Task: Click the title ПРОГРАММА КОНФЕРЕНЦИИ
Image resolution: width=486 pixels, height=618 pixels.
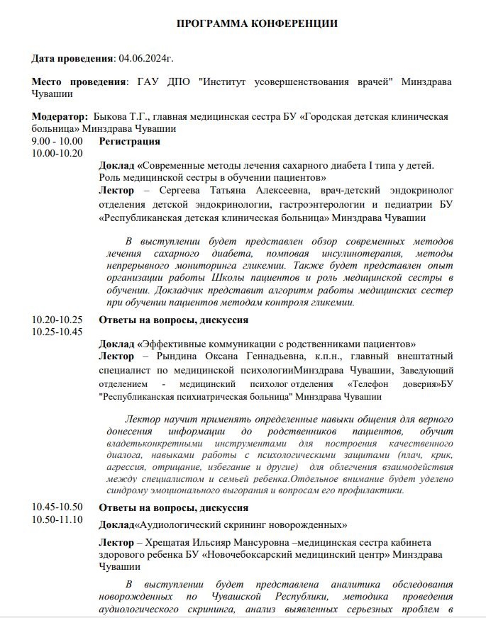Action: pos(257,23)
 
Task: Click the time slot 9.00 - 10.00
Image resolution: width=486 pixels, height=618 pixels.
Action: pos(57,141)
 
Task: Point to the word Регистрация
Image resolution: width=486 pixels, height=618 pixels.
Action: pos(129,141)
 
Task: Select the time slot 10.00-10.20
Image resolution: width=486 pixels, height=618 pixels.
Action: pos(57,152)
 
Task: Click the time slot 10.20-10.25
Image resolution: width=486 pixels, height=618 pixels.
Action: pos(57,320)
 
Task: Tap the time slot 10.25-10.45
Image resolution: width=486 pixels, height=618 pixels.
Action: pos(57,331)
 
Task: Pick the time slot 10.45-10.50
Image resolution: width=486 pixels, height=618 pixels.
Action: pos(57,507)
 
